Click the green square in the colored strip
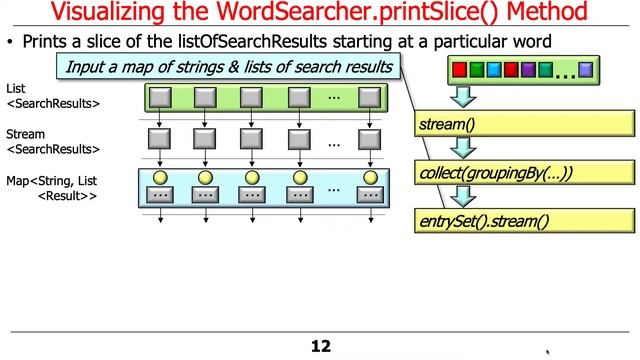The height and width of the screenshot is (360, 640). pos(476,71)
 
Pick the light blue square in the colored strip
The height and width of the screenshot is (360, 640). pos(493,71)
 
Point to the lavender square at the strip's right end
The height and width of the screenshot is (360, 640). pos(586,71)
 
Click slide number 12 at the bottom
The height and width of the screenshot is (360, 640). pos(320,346)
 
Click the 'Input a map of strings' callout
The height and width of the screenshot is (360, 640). pos(230,68)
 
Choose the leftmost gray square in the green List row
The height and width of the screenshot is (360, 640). pos(158,97)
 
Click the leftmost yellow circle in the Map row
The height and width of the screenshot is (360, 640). pos(158,179)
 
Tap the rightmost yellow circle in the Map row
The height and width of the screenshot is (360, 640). pos(369,179)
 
